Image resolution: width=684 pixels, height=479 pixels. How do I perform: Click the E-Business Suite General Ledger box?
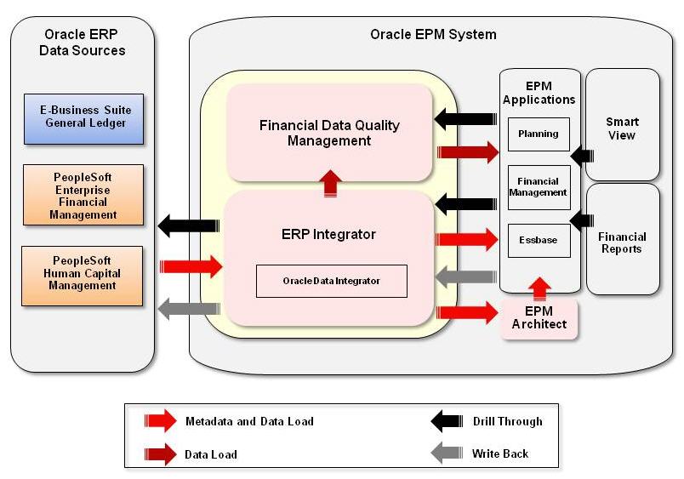coord(83,118)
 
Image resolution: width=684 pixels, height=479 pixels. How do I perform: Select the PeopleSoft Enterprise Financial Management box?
coord(83,195)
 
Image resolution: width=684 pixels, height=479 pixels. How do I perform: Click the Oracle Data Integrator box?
coord(331,281)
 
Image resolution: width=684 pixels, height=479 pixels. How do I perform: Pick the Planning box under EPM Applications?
coord(538,134)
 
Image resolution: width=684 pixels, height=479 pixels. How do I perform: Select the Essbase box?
coord(538,240)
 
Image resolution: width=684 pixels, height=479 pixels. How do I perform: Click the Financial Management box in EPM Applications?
coord(538,186)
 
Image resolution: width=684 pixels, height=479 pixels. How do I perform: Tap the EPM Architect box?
coord(539,317)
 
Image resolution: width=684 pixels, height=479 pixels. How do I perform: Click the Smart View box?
coord(622,128)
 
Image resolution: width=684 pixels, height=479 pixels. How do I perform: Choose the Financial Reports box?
coord(622,242)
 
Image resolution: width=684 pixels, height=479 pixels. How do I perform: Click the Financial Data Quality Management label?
coord(329,133)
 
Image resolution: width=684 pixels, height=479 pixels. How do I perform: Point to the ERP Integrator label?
coord(328,234)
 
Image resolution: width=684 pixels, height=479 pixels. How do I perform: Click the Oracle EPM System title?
coord(433,35)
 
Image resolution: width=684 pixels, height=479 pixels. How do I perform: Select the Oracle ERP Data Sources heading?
coord(83,43)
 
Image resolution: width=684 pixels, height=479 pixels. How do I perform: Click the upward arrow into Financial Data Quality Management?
coord(330,183)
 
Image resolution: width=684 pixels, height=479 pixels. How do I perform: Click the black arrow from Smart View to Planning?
coord(582,156)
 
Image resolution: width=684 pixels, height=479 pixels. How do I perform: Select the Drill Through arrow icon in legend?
coord(447,421)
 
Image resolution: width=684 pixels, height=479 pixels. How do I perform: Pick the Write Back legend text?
coord(500,453)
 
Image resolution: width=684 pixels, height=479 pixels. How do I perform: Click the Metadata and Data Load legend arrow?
coord(160,421)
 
